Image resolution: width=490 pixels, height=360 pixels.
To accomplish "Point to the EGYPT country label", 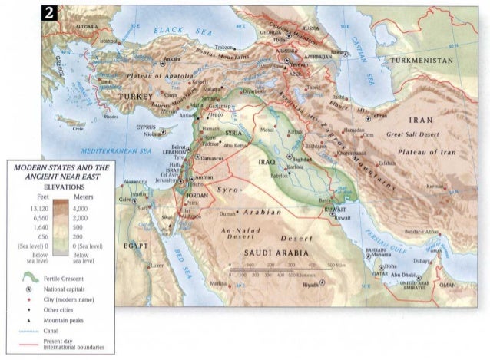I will tap(134, 246).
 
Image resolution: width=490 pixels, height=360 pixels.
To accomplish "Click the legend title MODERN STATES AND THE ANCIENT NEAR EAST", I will tap(58, 172).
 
